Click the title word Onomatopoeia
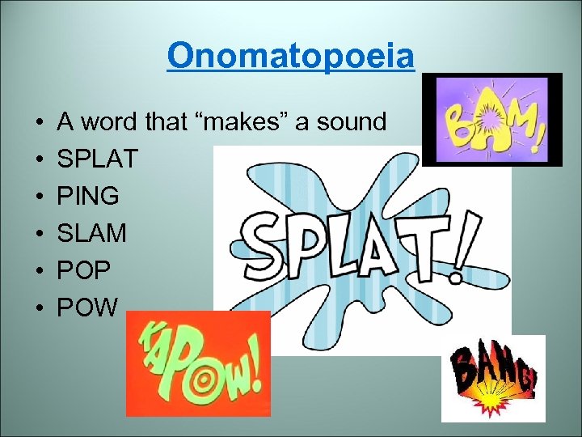pos(291,57)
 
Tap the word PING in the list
pos(88,197)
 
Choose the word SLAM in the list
pos(91,234)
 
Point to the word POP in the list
pos(84,271)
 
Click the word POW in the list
pos(88,308)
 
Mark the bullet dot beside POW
pos(39,308)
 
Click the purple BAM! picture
pos(491,120)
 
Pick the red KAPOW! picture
pos(198,363)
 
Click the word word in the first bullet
pos(109,123)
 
